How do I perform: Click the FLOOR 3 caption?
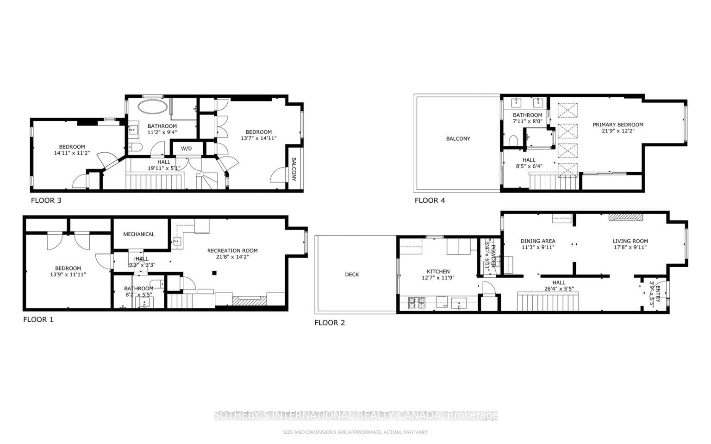pos(46,200)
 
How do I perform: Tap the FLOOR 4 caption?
pos(430,200)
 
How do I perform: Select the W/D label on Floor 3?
pos(186,149)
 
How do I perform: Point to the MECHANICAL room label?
pos(138,234)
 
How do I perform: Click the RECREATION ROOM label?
pos(232,250)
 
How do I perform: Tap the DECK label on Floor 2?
pos(352,275)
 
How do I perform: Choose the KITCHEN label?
pos(438,272)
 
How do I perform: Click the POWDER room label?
pos(493,253)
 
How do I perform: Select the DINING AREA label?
pos(537,241)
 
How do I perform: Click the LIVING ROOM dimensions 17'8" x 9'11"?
pos(630,247)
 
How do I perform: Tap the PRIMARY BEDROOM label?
pos(618,125)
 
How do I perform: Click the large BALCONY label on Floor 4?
pos(458,138)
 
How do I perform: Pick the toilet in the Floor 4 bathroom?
pos(512,139)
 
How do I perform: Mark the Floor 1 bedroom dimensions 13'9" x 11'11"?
pos(68,275)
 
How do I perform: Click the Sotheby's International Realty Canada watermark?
pos(355,415)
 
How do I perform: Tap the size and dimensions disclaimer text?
pos(355,432)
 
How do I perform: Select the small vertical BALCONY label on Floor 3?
pos(293,169)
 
